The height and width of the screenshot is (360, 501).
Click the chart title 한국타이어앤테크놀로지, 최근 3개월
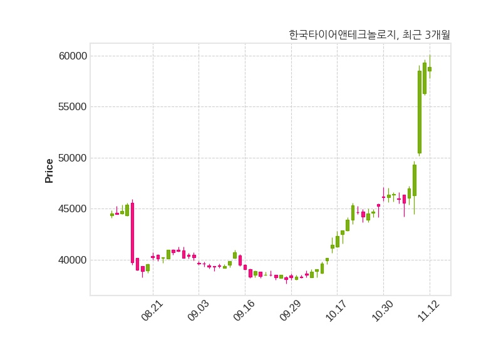[x=369, y=35]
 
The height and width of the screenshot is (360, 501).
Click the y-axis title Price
[x=49, y=170]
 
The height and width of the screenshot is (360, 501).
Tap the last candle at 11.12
[x=430, y=69]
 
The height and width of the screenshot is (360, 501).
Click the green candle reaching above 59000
[x=425, y=78]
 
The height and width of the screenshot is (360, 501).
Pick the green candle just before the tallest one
[x=415, y=180]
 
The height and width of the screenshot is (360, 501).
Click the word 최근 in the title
[x=413, y=35]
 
